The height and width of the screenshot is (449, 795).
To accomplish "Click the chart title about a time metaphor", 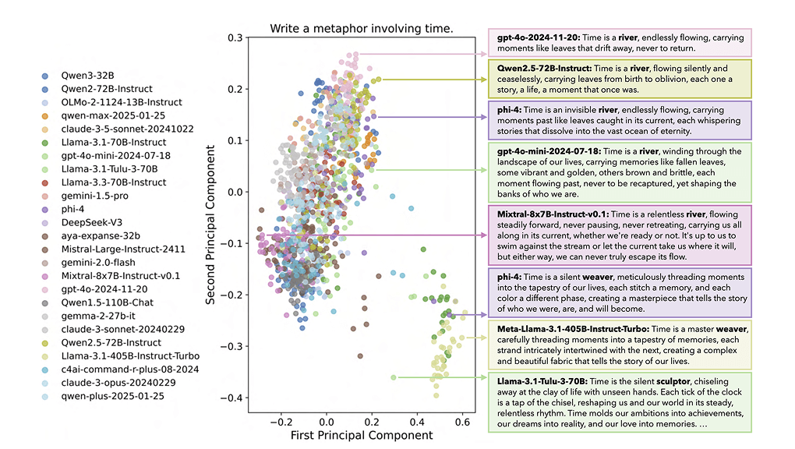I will tap(362, 30).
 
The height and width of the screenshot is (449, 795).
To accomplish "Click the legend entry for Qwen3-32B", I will tap(87, 76).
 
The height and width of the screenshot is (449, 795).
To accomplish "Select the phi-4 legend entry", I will tap(80, 209).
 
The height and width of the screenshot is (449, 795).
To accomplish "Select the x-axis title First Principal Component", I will tap(362, 434).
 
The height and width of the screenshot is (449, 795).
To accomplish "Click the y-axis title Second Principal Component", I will tap(211, 217).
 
